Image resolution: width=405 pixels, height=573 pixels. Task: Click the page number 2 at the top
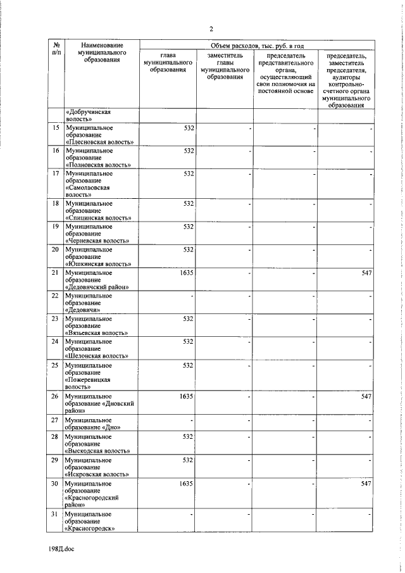(211, 28)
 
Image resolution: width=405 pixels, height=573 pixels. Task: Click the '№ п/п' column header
(56, 50)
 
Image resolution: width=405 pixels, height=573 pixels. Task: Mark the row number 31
(56, 513)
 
